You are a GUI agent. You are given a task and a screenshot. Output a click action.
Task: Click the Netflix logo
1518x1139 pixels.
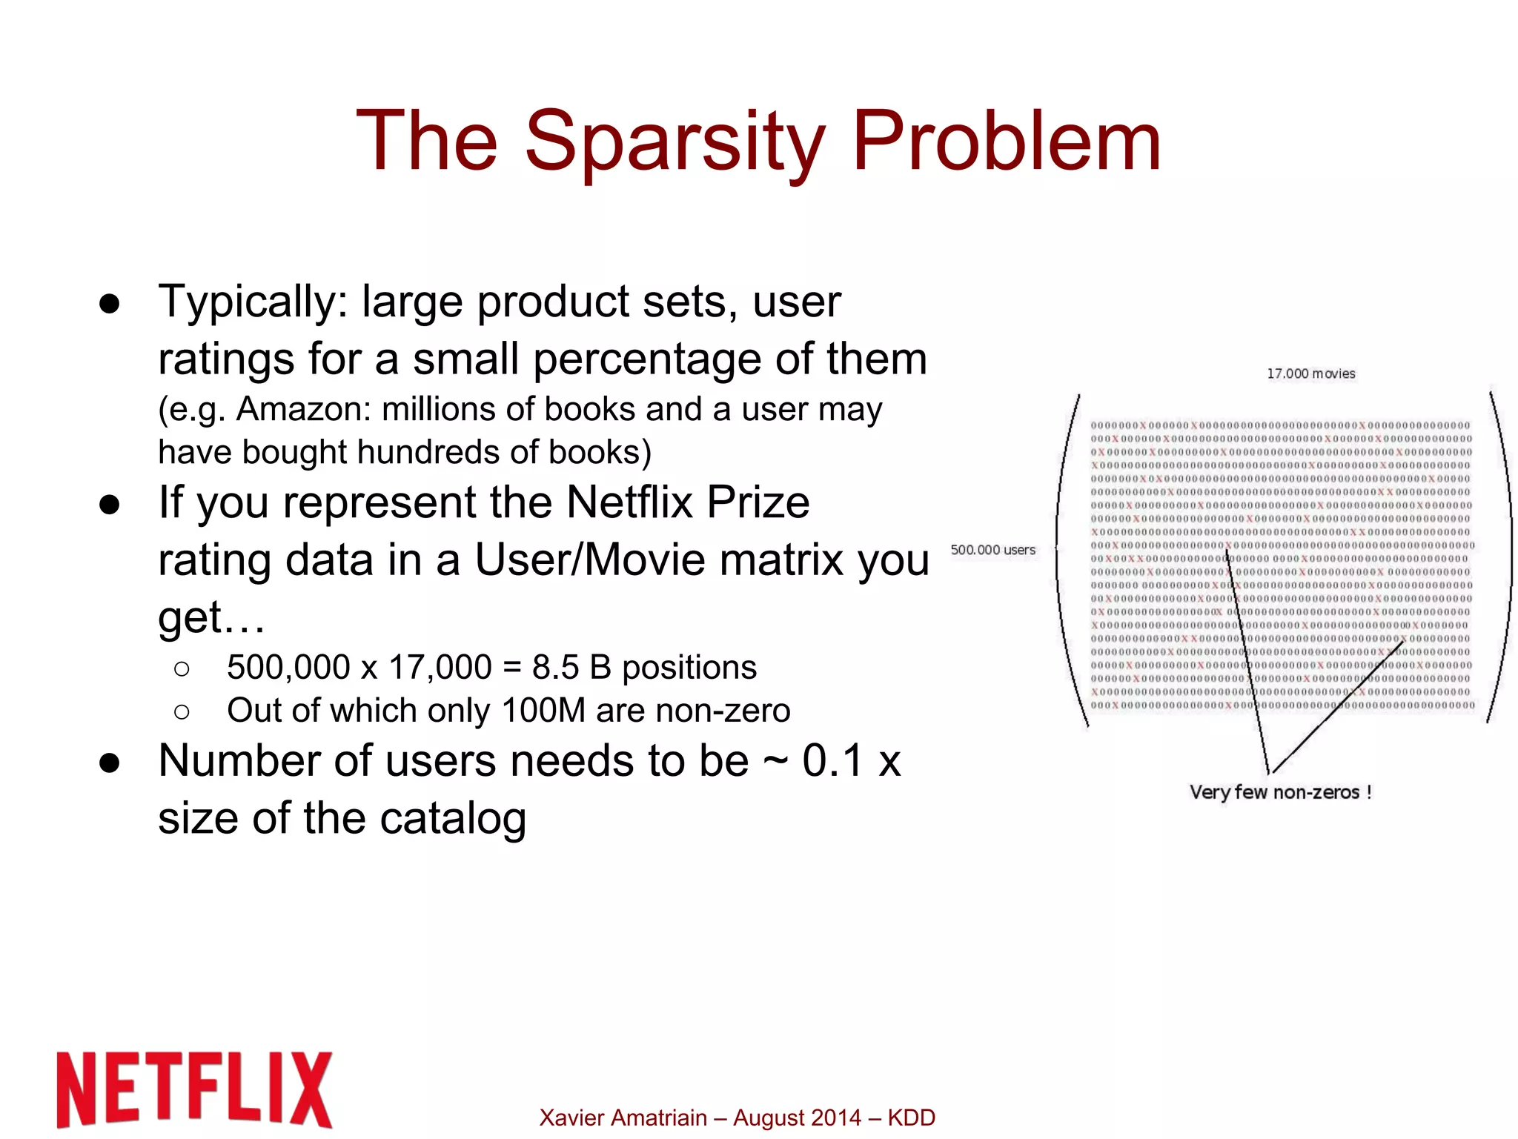pyautogui.click(x=194, y=1089)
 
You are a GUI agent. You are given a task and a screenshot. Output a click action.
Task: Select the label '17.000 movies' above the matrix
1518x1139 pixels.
pyautogui.click(x=1310, y=373)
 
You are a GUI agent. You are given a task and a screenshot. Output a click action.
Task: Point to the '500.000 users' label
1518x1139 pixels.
pyautogui.click(x=992, y=550)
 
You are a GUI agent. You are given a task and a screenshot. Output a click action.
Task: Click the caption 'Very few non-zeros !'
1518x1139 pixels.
pyautogui.click(x=1280, y=792)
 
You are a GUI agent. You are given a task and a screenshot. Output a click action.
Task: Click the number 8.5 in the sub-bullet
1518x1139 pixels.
pyautogui.click(x=555, y=667)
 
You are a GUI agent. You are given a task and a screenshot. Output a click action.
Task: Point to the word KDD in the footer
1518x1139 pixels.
pyautogui.click(x=911, y=1118)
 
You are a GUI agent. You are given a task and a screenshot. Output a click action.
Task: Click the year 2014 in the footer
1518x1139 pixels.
pyautogui.click(x=838, y=1118)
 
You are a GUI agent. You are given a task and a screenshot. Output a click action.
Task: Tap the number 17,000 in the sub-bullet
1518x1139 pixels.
pyautogui.click(x=440, y=667)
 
